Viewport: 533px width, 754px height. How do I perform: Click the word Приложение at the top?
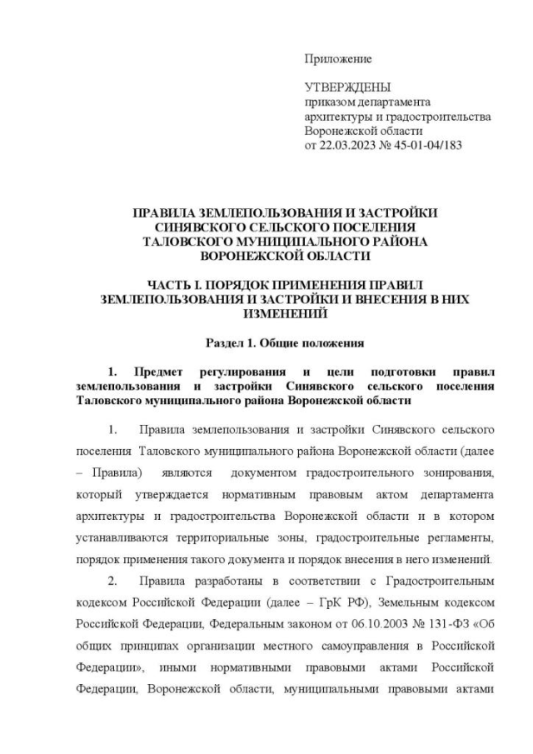pos(338,59)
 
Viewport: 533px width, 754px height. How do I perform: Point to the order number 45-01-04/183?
pos(426,144)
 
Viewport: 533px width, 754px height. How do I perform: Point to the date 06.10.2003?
pos(358,624)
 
